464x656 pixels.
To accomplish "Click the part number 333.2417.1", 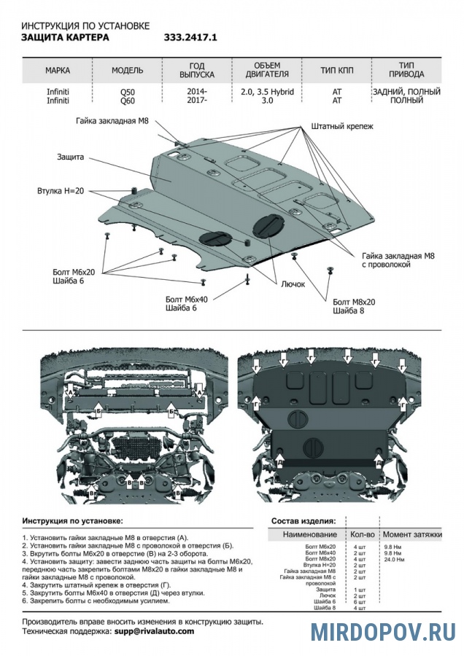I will pos(191,35).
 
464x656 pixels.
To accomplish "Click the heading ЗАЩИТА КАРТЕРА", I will pos(66,35).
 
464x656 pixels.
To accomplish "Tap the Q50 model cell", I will pos(127,92).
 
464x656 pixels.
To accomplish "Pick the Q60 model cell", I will pos(127,101).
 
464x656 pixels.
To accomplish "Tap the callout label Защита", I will pos(71,157).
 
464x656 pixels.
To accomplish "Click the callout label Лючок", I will pos(293,285).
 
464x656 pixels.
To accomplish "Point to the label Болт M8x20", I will pos(354,302).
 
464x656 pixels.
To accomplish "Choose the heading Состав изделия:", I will pos(303,521).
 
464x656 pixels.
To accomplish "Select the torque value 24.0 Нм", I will pos(394,559).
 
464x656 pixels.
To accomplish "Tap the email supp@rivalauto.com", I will pos(154,631).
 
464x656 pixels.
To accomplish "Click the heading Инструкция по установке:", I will pos(72,521).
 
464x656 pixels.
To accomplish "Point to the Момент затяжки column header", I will pos(412,535).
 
